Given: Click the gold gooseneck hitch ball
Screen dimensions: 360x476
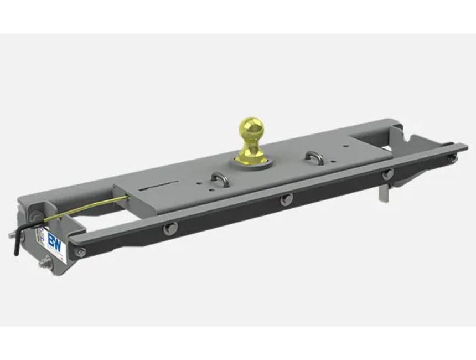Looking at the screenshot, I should pos(251,133).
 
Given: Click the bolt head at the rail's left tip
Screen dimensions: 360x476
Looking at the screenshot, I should pos(81,252).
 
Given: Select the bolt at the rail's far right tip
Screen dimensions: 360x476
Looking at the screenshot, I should pos(453,158).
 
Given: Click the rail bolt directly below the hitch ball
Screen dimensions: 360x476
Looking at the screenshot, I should pos(286,199).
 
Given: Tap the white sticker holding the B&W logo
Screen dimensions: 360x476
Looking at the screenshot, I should pos(54,244).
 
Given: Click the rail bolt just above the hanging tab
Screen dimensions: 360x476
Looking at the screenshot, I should pos(388,173).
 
